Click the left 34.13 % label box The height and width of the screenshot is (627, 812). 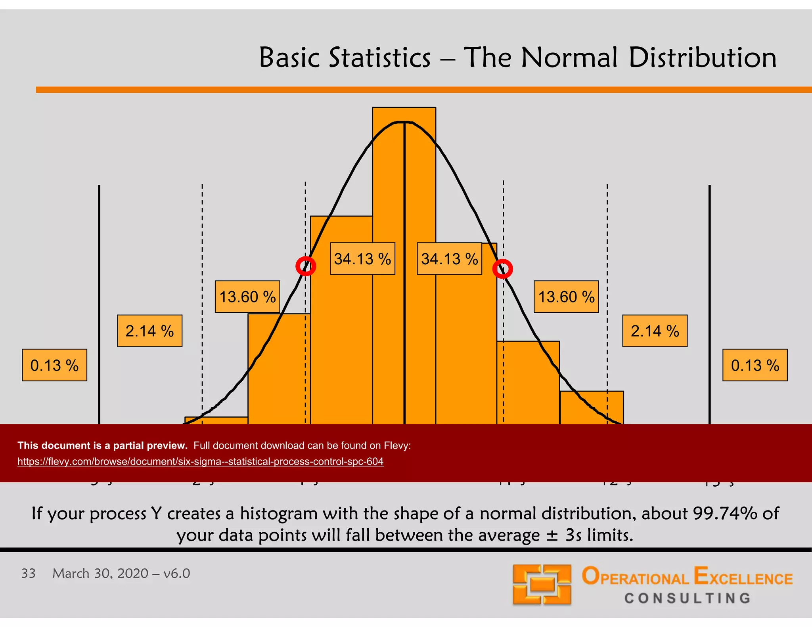pyautogui.click(x=362, y=259)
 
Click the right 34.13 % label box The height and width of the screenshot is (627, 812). pyautogui.click(x=449, y=259)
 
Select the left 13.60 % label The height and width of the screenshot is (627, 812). pyautogui.click(x=247, y=297)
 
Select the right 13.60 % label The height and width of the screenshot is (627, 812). pyautogui.click(x=566, y=297)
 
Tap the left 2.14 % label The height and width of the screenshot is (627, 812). pyautogui.click(x=149, y=331)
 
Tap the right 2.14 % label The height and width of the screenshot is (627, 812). pyautogui.click(x=655, y=331)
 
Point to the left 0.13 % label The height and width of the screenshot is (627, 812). pyautogui.click(x=54, y=365)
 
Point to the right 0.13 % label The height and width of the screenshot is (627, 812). pyautogui.click(x=755, y=365)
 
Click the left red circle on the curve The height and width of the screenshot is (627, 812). pyautogui.click(x=306, y=266)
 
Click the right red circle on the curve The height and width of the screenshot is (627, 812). pyautogui.click(x=502, y=269)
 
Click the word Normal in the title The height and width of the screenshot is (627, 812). pyautogui.click(x=569, y=58)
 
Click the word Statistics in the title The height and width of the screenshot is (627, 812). pyautogui.click(x=380, y=58)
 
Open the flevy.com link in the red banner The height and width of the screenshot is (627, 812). pyautogui.click(x=200, y=462)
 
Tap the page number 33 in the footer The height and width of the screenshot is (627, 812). pyautogui.click(x=28, y=573)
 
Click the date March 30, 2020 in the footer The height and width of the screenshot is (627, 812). pyautogui.click(x=100, y=573)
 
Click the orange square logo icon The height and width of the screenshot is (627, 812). pyautogui.click(x=542, y=585)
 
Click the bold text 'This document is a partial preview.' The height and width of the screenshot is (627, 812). pyautogui.click(x=102, y=445)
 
